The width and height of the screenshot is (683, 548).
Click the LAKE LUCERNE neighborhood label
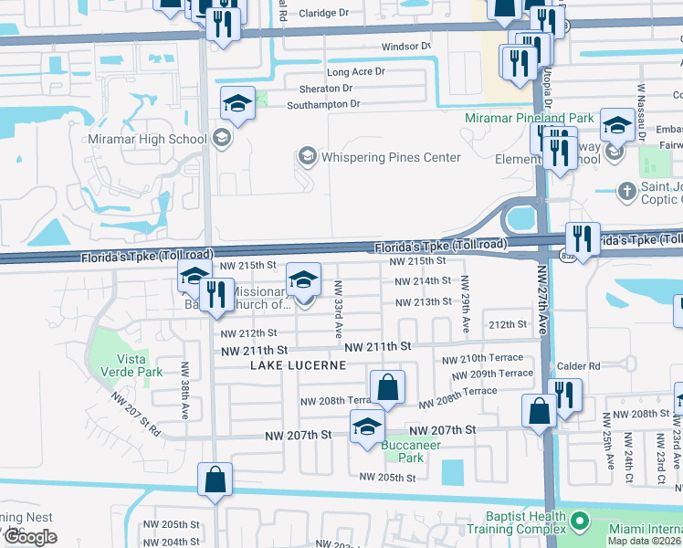[x=299, y=365]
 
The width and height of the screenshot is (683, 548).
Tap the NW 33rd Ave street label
[x=337, y=309]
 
